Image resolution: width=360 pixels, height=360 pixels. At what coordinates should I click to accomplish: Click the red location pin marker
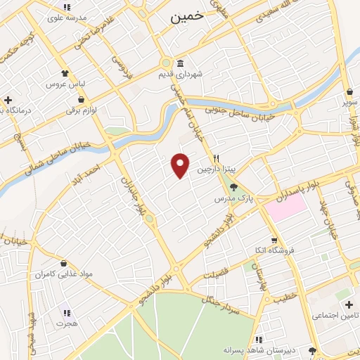[181, 165]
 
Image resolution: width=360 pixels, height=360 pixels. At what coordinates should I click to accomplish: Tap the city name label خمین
[186, 18]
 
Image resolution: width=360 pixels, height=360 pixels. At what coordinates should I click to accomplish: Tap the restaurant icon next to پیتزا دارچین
[218, 158]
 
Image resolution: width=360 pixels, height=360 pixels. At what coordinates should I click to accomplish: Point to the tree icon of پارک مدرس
[234, 187]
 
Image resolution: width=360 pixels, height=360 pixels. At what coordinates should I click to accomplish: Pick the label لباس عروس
[65, 84]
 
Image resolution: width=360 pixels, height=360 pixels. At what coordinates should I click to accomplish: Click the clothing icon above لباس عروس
[65, 72]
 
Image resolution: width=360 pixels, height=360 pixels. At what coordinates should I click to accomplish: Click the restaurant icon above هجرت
[67, 313]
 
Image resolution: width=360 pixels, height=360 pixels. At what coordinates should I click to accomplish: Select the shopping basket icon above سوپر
[349, 91]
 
